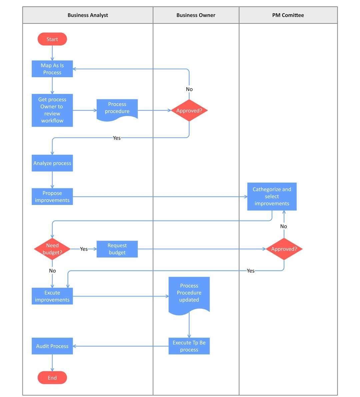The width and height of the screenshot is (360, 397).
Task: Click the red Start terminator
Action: [x=52, y=39]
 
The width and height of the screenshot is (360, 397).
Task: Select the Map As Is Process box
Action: [x=52, y=69]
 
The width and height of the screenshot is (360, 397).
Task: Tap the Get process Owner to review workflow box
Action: [x=52, y=110]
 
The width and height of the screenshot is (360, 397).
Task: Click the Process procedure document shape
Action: [x=117, y=109]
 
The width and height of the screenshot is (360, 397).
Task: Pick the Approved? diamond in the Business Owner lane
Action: [x=189, y=110]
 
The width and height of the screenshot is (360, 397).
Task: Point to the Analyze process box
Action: [x=52, y=163]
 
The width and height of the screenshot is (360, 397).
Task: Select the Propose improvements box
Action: [x=52, y=196]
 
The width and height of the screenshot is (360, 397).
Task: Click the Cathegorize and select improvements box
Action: [x=272, y=196]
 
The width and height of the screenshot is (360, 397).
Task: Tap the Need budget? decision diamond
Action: [x=52, y=249]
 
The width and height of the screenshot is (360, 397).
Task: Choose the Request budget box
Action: [x=117, y=249]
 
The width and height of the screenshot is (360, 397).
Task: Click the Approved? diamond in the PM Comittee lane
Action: [x=284, y=249]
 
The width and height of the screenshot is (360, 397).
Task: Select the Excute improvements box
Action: [x=52, y=296]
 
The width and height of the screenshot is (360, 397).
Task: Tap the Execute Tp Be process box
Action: [x=189, y=346]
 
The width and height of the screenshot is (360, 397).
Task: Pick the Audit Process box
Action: [x=52, y=346]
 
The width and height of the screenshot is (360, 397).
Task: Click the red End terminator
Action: [x=52, y=378]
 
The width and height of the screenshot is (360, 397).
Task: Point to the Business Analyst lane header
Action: [x=88, y=15]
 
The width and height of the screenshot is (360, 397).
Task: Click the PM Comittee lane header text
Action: [x=288, y=15]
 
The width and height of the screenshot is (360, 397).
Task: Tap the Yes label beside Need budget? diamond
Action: [x=84, y=249]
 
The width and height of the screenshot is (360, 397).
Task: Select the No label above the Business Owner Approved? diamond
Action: [x=189, y=89]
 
